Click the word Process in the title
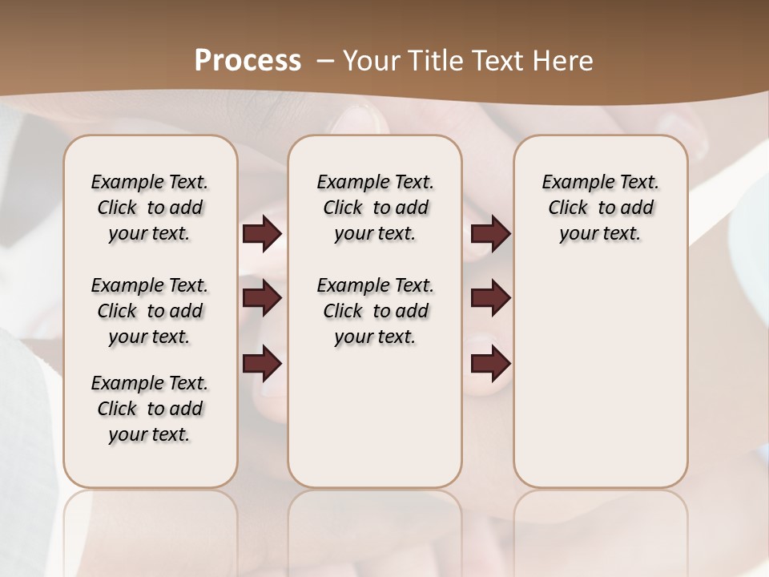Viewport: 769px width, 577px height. [x=248, y=61]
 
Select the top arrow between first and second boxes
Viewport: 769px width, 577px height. [x=262, y=234]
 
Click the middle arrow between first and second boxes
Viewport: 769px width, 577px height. [x=262, y=298]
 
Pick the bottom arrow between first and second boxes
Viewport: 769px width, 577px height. [x=262, y=364]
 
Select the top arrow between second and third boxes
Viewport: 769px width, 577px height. [x=490, y=234]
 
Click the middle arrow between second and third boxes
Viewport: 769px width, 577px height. [x=490, y=298]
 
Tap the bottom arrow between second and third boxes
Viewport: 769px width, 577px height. [x=490, y=364]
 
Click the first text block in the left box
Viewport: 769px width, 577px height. [x=150, y=208]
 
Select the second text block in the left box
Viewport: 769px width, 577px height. [x=150, y=311]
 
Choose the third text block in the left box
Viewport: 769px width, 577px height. [x=150, y=409]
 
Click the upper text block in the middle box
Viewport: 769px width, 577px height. [x=375, y=208]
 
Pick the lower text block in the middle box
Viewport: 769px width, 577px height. [x=375, y=311]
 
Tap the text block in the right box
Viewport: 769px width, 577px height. [x=601, y=208]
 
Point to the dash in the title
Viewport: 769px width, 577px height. [x=325, y=61]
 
